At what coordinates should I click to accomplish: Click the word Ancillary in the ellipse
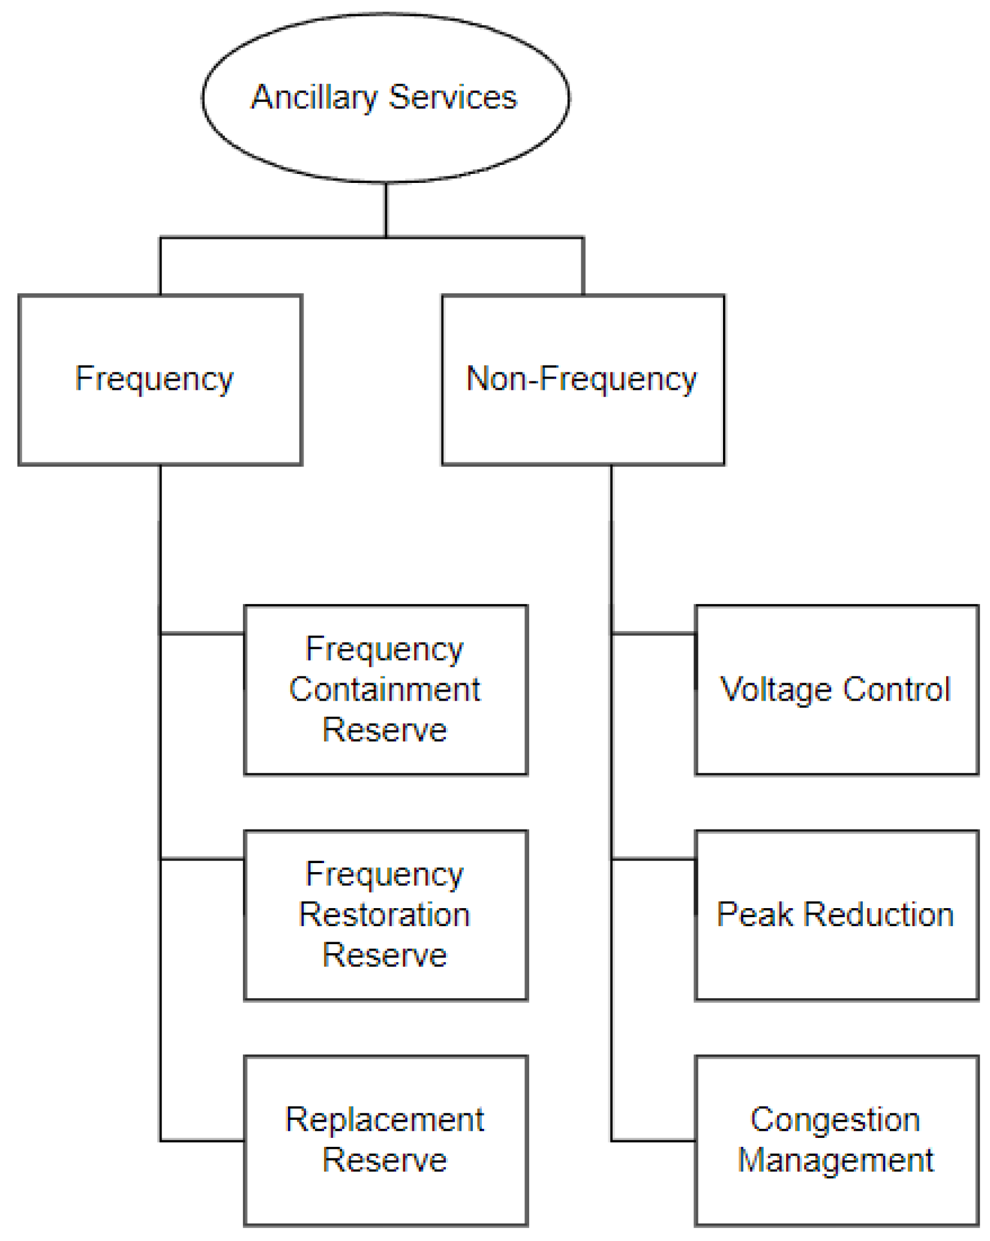point(313,98)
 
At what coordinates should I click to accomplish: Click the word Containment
point(385,690)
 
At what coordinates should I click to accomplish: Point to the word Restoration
point(385,915)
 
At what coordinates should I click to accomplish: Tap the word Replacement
point(385,1120)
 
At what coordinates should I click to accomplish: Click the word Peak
point(755,915)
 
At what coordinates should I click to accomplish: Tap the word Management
point(836,1161)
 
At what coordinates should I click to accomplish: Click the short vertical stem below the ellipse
point(386,210)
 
